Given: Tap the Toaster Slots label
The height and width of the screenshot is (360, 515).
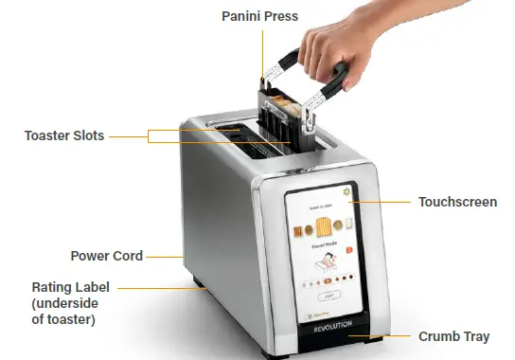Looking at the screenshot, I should pos(64,135).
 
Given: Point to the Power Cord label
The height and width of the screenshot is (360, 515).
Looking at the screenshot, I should pos(107,256).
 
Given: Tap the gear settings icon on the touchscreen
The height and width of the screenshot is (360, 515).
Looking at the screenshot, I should pos(346,192).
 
